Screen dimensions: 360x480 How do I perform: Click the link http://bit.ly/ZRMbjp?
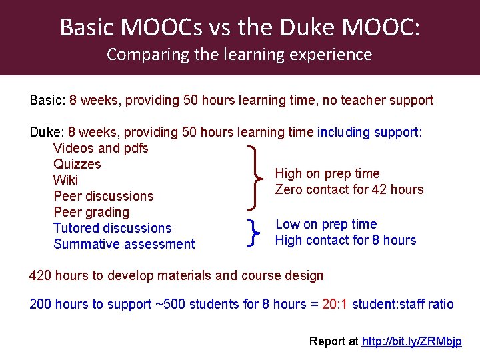pyautogui.click(x=411, y=341)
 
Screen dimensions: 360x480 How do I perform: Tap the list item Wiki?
pyautogui.click(x=65, y=180)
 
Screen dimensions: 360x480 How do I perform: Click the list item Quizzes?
pyautogui.click(x=77, y=164)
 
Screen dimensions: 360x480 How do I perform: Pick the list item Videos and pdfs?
pyautogui.click(x=101, y=148)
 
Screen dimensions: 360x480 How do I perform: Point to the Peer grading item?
pyautogui.click(x=91, y=212)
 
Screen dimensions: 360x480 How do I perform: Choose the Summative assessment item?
pyautogui.click(x=124, y=244)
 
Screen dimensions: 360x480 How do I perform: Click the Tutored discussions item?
pyautogui.click(x=112, y=228)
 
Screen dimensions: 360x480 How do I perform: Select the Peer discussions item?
pyautogui.click(x=103, y=196)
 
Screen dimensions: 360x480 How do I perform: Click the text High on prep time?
pyautogui.click(x=327, y=173)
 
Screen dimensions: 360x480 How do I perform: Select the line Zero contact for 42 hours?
pyautogui.click(x=349, y=189)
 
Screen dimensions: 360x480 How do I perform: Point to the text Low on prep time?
pyautogui.click(x=326, y=224)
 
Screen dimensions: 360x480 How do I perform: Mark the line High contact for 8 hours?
pyautogui.click(x=345, y=240)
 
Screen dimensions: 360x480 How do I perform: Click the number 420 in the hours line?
pyautogui.click(x=41, y=275)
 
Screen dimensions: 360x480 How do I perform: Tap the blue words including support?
pyautogui.click(x=369, y=132)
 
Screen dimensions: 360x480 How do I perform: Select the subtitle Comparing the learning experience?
pyautogui.click(x=239, y=54)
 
